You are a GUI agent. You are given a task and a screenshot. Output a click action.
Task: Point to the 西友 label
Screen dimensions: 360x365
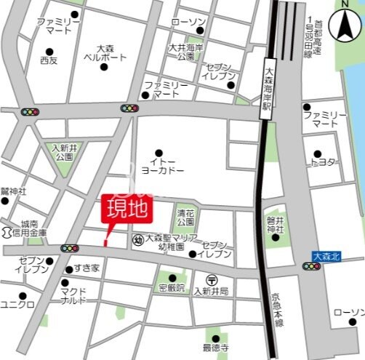coord(49,60)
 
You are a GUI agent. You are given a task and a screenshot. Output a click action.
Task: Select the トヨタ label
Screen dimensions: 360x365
coord(325,161)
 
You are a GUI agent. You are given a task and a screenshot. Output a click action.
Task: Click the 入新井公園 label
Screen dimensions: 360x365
coord(63,151)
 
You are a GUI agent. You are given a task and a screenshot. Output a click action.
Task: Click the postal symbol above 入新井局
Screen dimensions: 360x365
coord(211,279)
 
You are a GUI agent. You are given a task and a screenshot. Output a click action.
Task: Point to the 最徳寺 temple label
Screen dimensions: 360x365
coord(215,348)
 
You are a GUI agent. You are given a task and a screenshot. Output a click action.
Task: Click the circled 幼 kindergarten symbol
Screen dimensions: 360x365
coord(137,239)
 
